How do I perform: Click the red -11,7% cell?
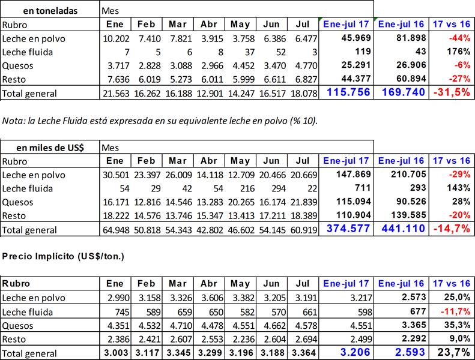click(456, 311)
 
